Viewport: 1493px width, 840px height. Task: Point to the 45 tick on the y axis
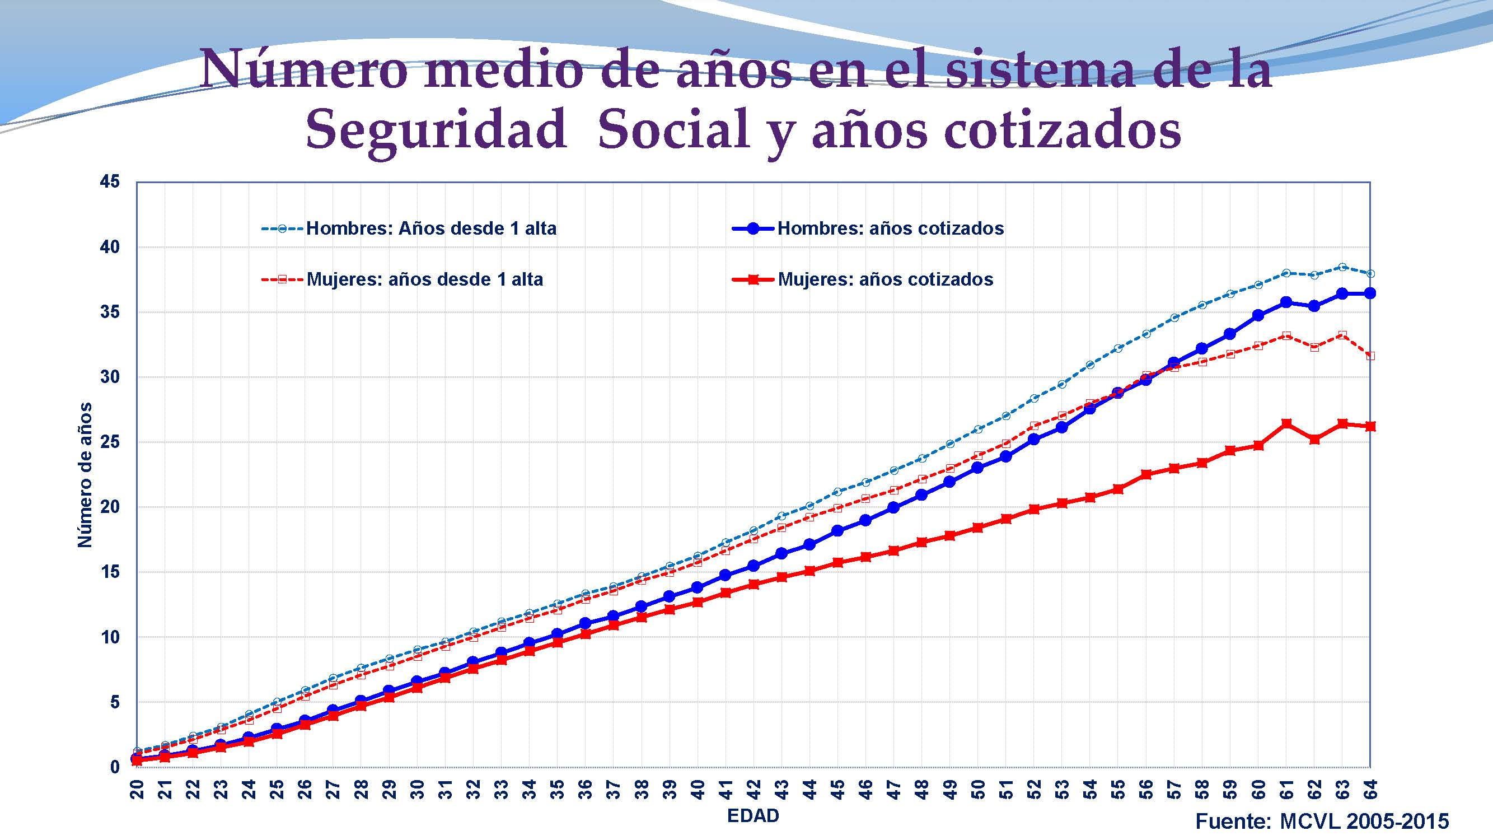(110, 182)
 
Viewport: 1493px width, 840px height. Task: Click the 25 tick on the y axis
(110, 442)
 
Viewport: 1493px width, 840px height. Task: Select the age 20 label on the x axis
(137, 790)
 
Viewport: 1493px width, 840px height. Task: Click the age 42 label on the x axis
(753, 790)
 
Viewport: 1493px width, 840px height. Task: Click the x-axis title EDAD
(753, 816)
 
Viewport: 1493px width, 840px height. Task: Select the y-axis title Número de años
(85, 475)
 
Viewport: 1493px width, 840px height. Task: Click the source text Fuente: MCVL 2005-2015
(1322, 822)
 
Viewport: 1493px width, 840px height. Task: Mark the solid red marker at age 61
(1286, 424)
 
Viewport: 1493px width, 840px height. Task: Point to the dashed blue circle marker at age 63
(1342, 267)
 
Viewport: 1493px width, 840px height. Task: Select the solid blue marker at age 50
(978, 468)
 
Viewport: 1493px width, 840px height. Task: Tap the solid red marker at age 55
(1118, 489)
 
